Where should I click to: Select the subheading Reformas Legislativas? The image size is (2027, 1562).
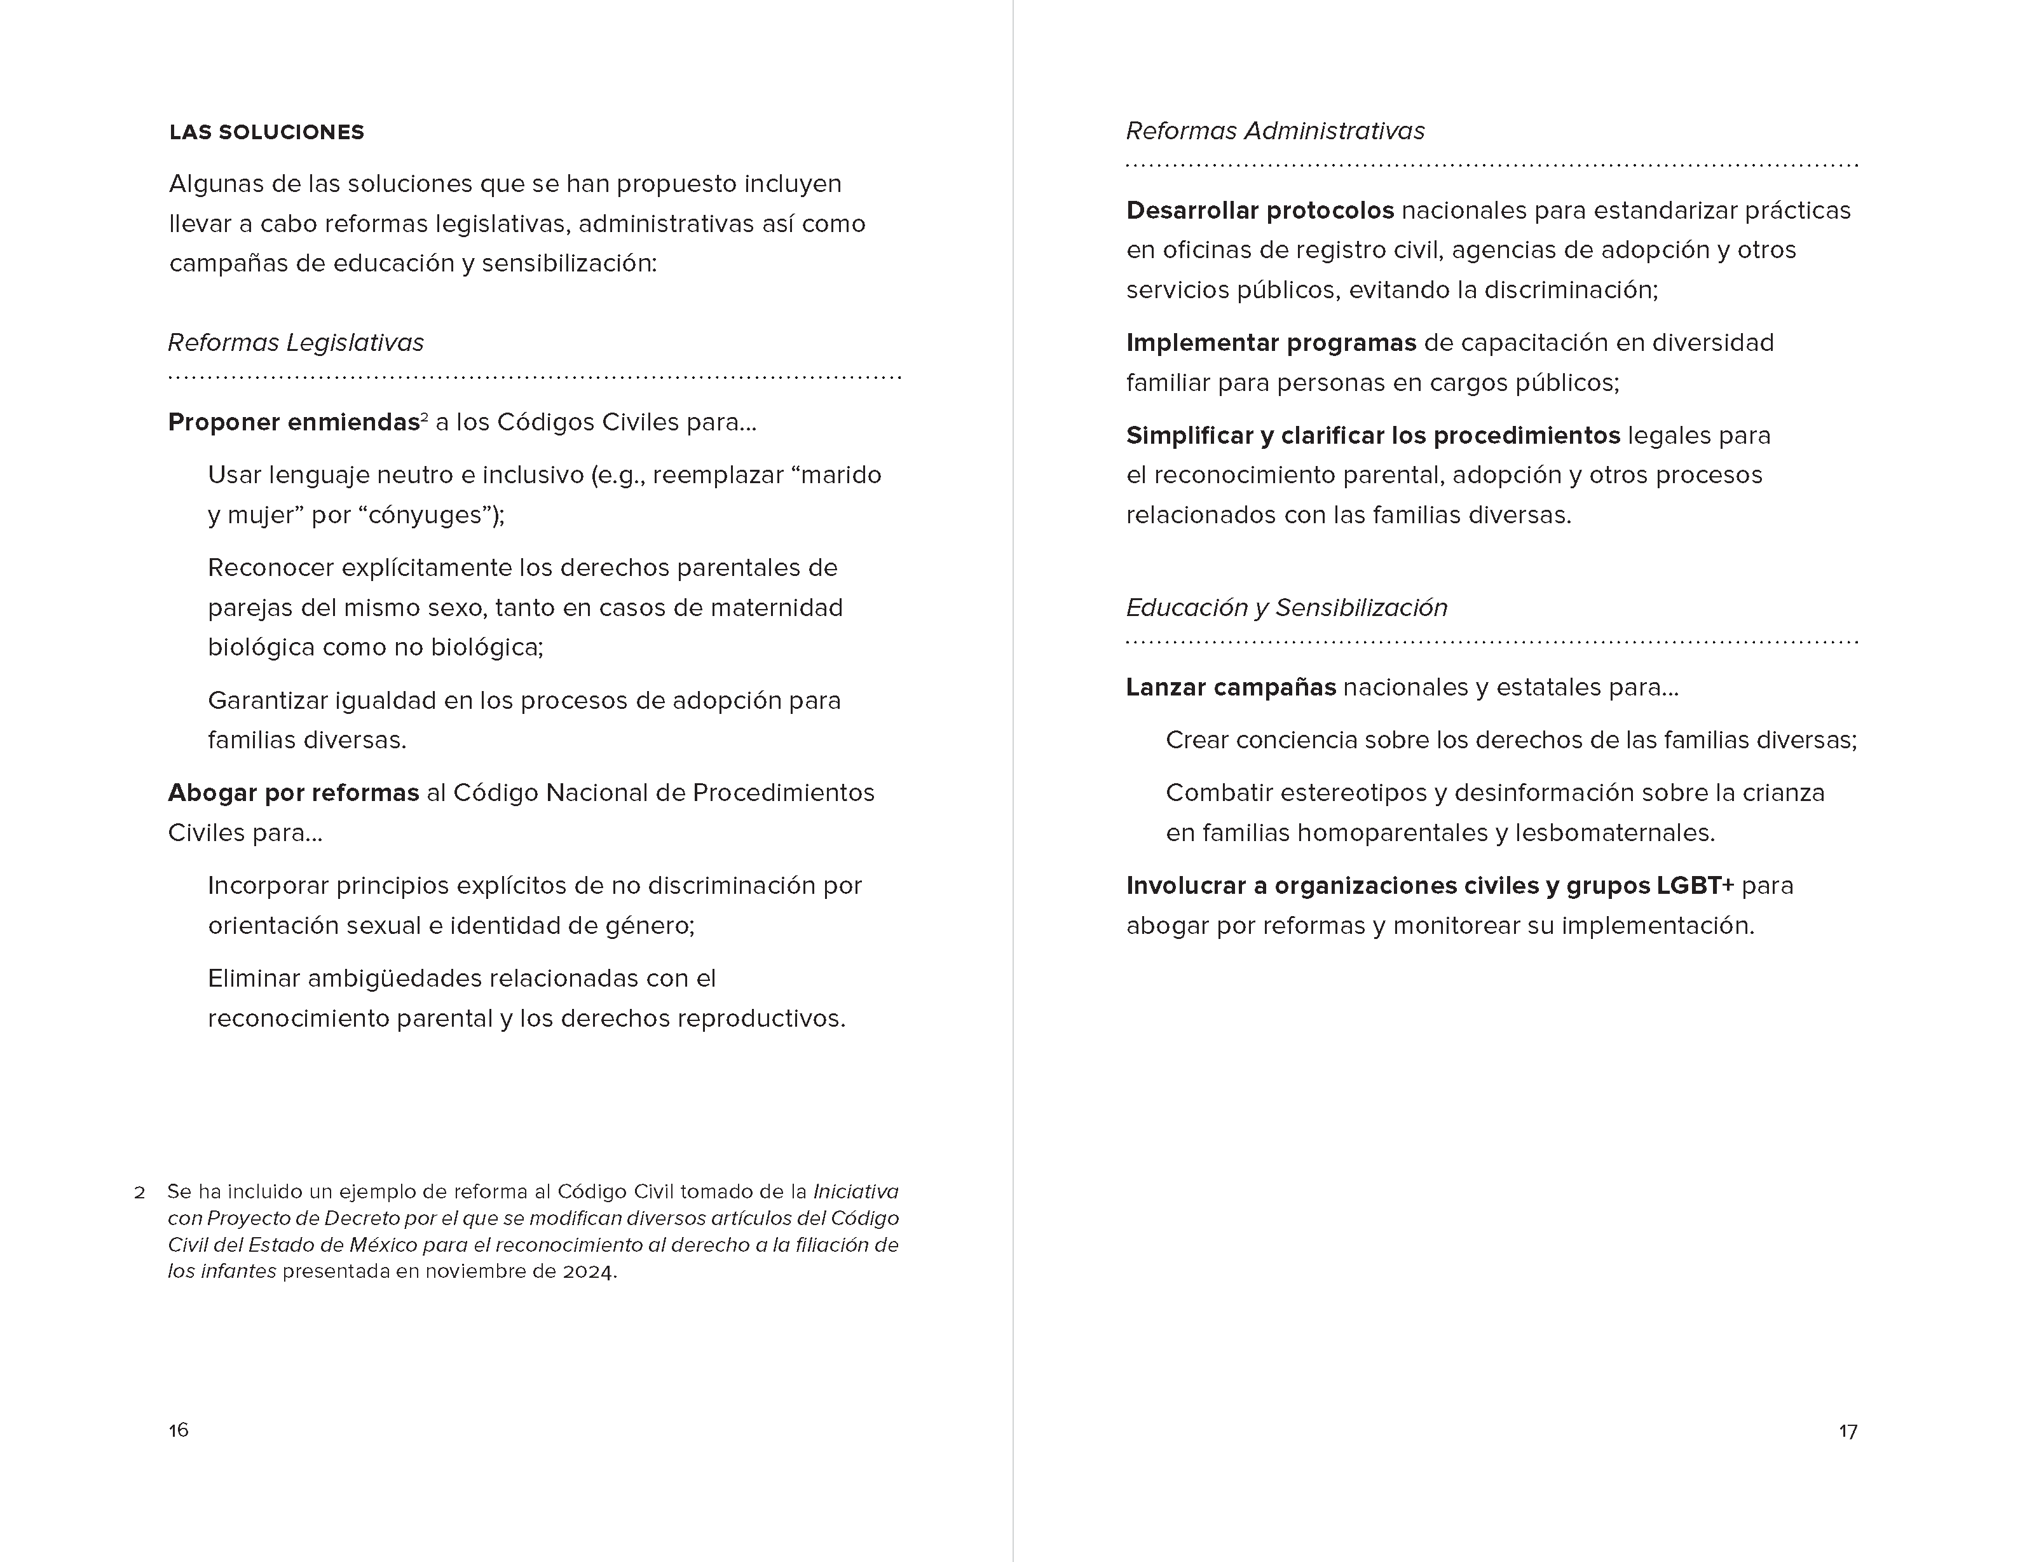295,343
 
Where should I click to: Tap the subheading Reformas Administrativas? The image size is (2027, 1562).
1274,131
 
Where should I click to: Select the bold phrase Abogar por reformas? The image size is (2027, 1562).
293,793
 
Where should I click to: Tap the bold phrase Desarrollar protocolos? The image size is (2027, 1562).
1259,210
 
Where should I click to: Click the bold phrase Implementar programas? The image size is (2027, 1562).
1271,343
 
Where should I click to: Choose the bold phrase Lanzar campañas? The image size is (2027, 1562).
1231,688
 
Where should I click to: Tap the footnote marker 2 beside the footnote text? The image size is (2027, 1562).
140,1193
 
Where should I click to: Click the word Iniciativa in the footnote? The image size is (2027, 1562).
856,1192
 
